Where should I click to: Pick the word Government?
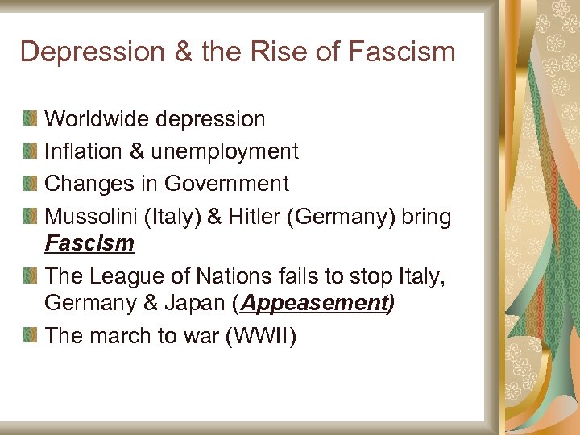[x=226, y=184]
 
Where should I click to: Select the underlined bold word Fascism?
[x=89, y=242]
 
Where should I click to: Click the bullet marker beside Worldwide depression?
[x=30, y=119]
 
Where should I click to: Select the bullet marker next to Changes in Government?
[x=30, y=184]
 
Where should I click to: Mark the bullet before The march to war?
[x=30, y=335]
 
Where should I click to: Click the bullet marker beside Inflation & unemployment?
[x=30, y=151]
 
